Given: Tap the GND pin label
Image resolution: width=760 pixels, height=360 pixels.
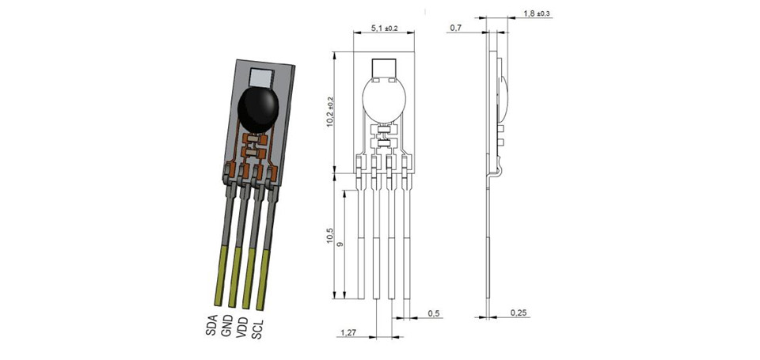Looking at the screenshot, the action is coord(226,326).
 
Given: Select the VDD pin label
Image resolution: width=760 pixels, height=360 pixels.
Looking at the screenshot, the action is coord(241,327).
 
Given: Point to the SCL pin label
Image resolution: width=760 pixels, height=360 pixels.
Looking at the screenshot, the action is coord(256,328).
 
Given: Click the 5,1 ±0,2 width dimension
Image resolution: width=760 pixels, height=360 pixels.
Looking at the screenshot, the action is coord(384,28).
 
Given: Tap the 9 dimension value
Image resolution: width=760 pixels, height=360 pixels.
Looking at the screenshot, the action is coord(340,244).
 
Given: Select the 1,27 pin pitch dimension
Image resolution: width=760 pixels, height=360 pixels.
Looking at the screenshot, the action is coord(348,332).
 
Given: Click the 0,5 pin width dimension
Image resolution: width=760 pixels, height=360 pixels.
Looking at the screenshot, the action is coord(434,313).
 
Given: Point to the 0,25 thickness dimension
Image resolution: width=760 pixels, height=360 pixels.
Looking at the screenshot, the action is coord(519,313).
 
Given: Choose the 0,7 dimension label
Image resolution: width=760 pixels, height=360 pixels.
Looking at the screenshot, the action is coord(456,28).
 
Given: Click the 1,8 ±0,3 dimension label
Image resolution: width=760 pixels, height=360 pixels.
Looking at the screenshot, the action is coord(537,13).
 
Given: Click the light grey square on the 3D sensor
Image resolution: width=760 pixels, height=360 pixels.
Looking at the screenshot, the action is coord(262,77).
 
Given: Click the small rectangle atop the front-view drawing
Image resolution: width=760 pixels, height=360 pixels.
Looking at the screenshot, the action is coord(384,68).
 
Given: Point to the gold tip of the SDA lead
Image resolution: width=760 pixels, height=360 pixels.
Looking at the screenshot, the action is coord(221,275).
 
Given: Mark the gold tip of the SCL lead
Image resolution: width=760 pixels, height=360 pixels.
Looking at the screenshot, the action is coord(263,279).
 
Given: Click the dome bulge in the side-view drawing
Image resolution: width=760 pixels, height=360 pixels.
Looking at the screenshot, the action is coord(504,98).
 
